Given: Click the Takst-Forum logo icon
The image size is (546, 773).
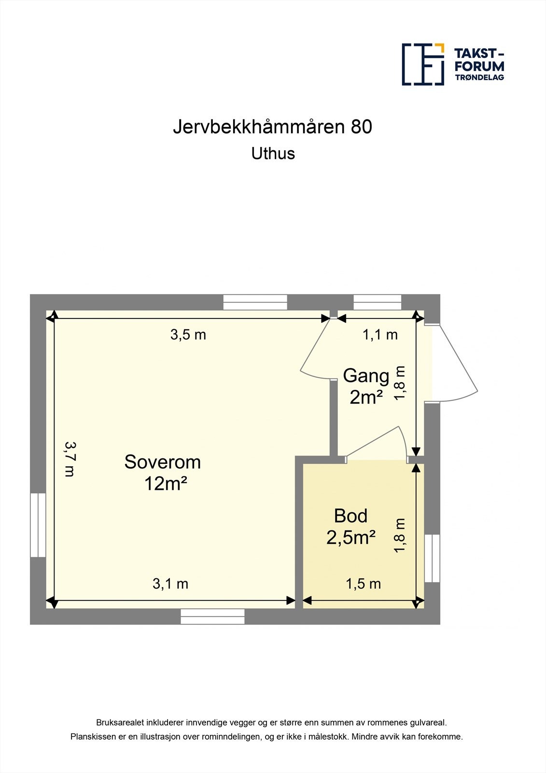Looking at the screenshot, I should (x=423, y=64).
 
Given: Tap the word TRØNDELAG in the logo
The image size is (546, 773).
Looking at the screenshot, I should (x=479, y=77).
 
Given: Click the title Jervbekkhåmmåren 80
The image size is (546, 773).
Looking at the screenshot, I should (x=273, y=127).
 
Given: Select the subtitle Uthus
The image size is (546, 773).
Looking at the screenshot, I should (x=273, y=154).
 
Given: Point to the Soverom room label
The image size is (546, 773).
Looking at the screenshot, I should (x=163, y=462).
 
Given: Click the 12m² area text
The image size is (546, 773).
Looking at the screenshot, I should (x=166, y=484).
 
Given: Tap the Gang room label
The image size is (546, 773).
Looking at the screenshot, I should (x=366, y=376).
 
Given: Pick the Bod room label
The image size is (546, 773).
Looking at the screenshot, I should (x=351, y=516).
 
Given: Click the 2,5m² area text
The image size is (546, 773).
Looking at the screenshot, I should (x=351, y=537).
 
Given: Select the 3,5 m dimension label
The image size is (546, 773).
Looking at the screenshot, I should (x=188, y=335).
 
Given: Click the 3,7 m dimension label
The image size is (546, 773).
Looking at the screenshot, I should (x=70, y=459).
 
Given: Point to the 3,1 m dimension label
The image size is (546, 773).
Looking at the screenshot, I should (x=170, y=584).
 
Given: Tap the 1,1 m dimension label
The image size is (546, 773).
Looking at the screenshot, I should (x=380, y=335).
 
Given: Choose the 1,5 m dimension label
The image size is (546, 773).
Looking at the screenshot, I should (x=363, y=584).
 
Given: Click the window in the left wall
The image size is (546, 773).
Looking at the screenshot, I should (x=38, y=525).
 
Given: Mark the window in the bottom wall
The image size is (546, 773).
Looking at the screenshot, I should (x=213, y=616).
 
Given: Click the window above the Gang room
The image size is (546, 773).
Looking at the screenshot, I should (x=378, y=302).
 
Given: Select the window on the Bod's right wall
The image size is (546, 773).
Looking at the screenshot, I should (x=432, y=558).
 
